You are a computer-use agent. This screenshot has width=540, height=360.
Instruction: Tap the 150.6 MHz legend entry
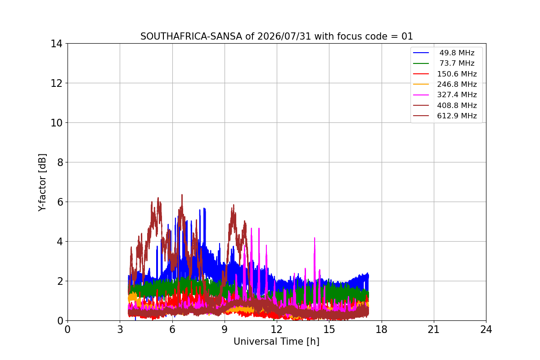coord(445,74)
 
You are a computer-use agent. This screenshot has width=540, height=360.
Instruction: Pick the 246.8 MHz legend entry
coord(445,84)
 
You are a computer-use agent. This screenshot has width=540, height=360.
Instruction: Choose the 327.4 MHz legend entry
coord(445,95)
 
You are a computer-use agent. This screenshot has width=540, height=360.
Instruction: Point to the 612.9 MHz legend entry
coord(445,116)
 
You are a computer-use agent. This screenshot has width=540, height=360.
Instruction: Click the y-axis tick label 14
coord(56,44)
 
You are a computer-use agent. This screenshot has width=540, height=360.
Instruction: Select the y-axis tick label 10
coord(56,123)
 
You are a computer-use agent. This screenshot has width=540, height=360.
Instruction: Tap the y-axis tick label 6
coord(60,202)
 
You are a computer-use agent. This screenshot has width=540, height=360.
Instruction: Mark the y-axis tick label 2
coord(60,281)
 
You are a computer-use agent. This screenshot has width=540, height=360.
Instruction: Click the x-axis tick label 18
coord(382,329)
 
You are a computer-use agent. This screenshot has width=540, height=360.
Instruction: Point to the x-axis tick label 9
coord(225,329)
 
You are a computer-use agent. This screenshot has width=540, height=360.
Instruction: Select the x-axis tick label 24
coord(486,329)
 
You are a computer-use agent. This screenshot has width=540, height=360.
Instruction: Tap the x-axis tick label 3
coord(120,329)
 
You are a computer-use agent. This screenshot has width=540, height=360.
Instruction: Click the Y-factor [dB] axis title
coord(42,183)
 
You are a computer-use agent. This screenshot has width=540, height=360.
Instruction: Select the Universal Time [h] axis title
coord(276,342)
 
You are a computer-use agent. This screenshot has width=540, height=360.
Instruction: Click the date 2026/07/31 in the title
coord(284,36)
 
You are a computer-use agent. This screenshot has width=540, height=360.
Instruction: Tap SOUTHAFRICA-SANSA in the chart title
coord(191,36)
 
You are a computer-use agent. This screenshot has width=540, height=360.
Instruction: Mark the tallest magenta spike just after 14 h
coord(315,238)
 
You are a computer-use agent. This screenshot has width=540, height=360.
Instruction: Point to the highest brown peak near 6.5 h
coord(182,195)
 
